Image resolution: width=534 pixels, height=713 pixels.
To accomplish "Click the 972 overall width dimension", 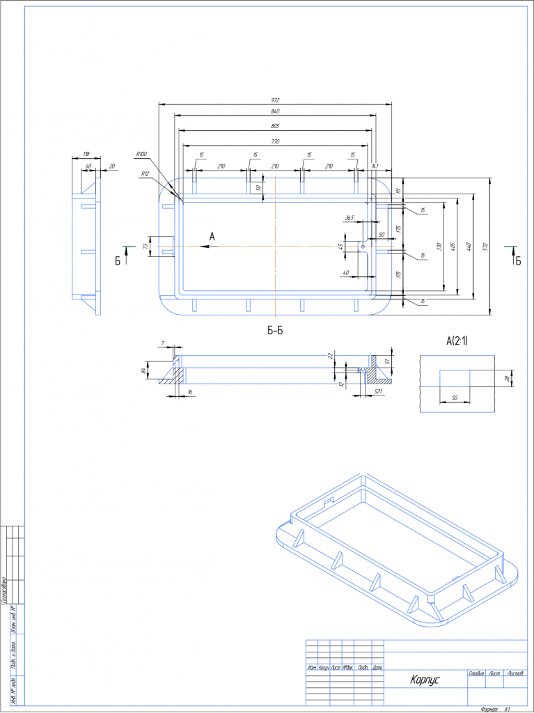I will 276,100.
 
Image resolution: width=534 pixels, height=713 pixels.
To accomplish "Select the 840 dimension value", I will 276,112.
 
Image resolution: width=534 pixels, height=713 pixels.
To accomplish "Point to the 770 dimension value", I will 276,141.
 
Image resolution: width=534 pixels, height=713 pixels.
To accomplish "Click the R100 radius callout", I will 141,154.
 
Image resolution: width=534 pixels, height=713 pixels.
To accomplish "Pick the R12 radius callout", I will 145,173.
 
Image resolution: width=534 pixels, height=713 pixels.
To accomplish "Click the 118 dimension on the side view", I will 86,154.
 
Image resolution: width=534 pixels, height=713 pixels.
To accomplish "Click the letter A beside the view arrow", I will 212,237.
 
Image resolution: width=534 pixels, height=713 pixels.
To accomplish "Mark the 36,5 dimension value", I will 350,218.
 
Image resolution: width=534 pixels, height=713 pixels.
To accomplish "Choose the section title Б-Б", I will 276,331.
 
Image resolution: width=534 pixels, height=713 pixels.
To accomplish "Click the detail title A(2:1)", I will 457,341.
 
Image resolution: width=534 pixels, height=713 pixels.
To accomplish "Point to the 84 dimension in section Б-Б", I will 143,370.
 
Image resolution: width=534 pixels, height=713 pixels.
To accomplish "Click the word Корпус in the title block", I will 425,680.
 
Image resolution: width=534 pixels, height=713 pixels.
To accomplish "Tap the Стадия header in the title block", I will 477,673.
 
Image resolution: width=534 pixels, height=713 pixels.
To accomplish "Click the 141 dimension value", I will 374,166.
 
